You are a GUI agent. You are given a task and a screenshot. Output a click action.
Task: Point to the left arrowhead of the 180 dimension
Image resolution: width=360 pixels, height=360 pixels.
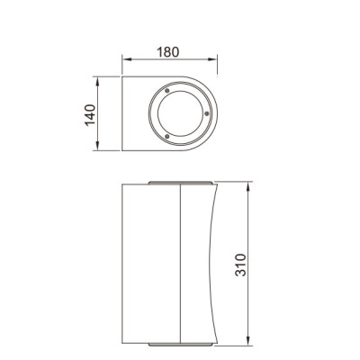click(x=125, y=61)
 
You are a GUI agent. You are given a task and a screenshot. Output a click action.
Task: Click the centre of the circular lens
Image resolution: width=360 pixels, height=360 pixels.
click(x=181, y=113)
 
